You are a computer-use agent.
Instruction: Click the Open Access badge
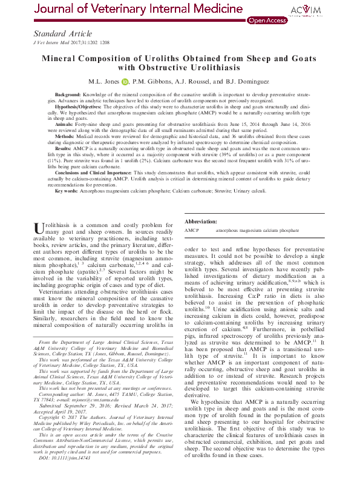[x=267, y=20]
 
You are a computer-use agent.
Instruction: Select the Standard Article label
[x=63, y=34]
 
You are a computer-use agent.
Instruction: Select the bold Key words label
[x=67, y=191]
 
